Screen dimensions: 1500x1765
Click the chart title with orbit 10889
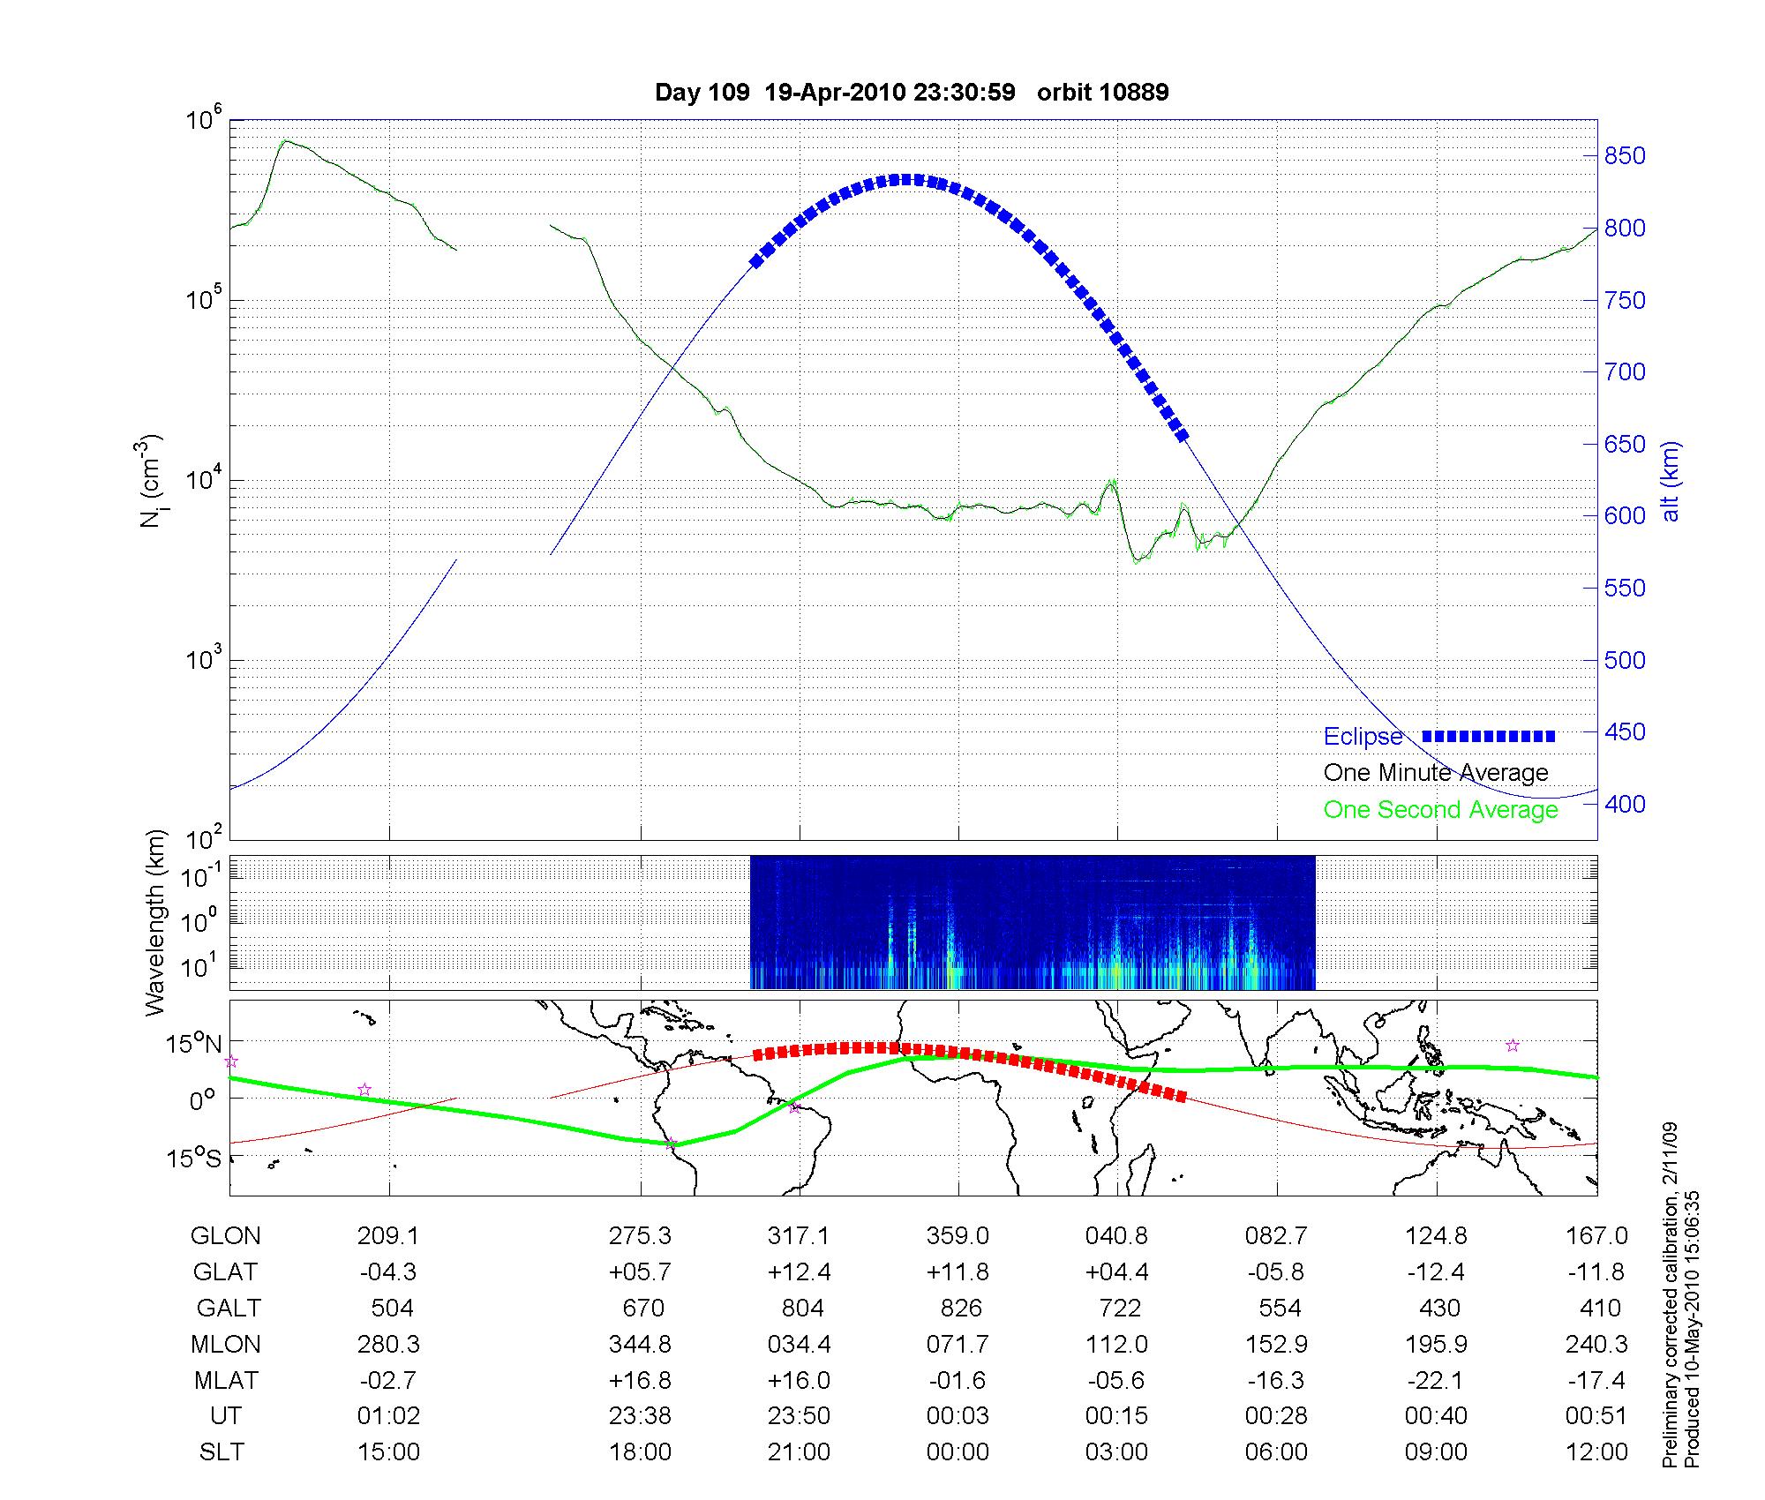coord(912,92)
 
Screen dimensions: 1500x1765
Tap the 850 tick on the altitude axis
coord(1625,156)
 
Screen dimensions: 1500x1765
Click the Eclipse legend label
coord(1363,737)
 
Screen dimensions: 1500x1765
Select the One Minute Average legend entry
coord(1436,773)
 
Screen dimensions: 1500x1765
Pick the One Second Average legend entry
coord(1440,810)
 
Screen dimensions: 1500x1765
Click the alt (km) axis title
coord(1671,481)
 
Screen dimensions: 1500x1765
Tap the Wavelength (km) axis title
coord(155,922)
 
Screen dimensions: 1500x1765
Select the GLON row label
coord(225,1236)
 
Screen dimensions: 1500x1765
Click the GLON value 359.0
coord(958,1236)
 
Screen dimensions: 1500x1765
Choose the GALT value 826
coord(961,1309)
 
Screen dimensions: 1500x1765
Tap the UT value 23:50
coord(799,1416)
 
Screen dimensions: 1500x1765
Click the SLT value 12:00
coord(1596,1452)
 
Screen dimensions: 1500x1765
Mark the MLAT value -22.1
coord(1436,1380)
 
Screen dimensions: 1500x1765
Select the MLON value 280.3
coord(388,1345)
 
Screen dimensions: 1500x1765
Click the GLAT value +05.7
coord(640,1272)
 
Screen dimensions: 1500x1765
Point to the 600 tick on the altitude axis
coord(1625,516)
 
